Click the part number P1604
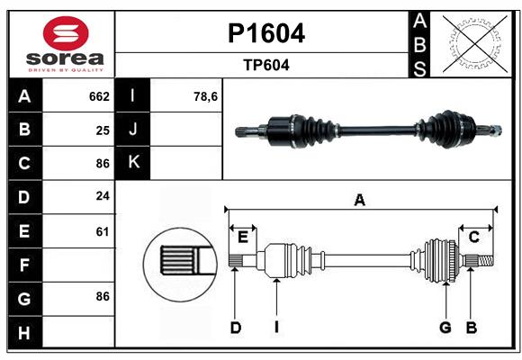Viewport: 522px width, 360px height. click(x=266, y=33)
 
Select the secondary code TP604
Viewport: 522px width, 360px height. click(x=266, y=65)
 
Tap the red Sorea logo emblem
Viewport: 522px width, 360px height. click(x=66, y=33)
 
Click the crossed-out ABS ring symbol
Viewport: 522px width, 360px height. click(x=475, y=44)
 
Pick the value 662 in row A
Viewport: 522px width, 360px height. click(x=99, y=96)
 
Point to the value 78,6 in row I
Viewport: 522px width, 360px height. click(x=205, y=97)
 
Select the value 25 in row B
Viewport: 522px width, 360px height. click(x=103, y=130)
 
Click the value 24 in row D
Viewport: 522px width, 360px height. click(x=103, y=196)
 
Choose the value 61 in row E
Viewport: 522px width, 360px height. click(x=103, y=231)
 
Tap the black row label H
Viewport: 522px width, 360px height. click(x=25, y=332)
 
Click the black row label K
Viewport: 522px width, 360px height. click(x=133, y=163)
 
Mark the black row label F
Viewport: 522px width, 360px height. click(x=25, y=265)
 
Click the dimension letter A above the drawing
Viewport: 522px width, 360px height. click(x=359, y=201)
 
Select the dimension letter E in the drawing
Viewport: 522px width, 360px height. click(x=243, y=238)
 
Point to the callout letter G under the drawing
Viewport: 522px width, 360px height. click(x=445, y=328)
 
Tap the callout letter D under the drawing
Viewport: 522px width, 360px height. click(x=236, y=328)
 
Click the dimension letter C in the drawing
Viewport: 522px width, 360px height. click(x=473, y=237)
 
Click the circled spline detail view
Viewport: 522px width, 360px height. click(x=180, y=265)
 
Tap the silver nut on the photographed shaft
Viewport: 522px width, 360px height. click(x=497, y=130)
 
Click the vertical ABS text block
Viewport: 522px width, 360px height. click(x=419, y=45)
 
